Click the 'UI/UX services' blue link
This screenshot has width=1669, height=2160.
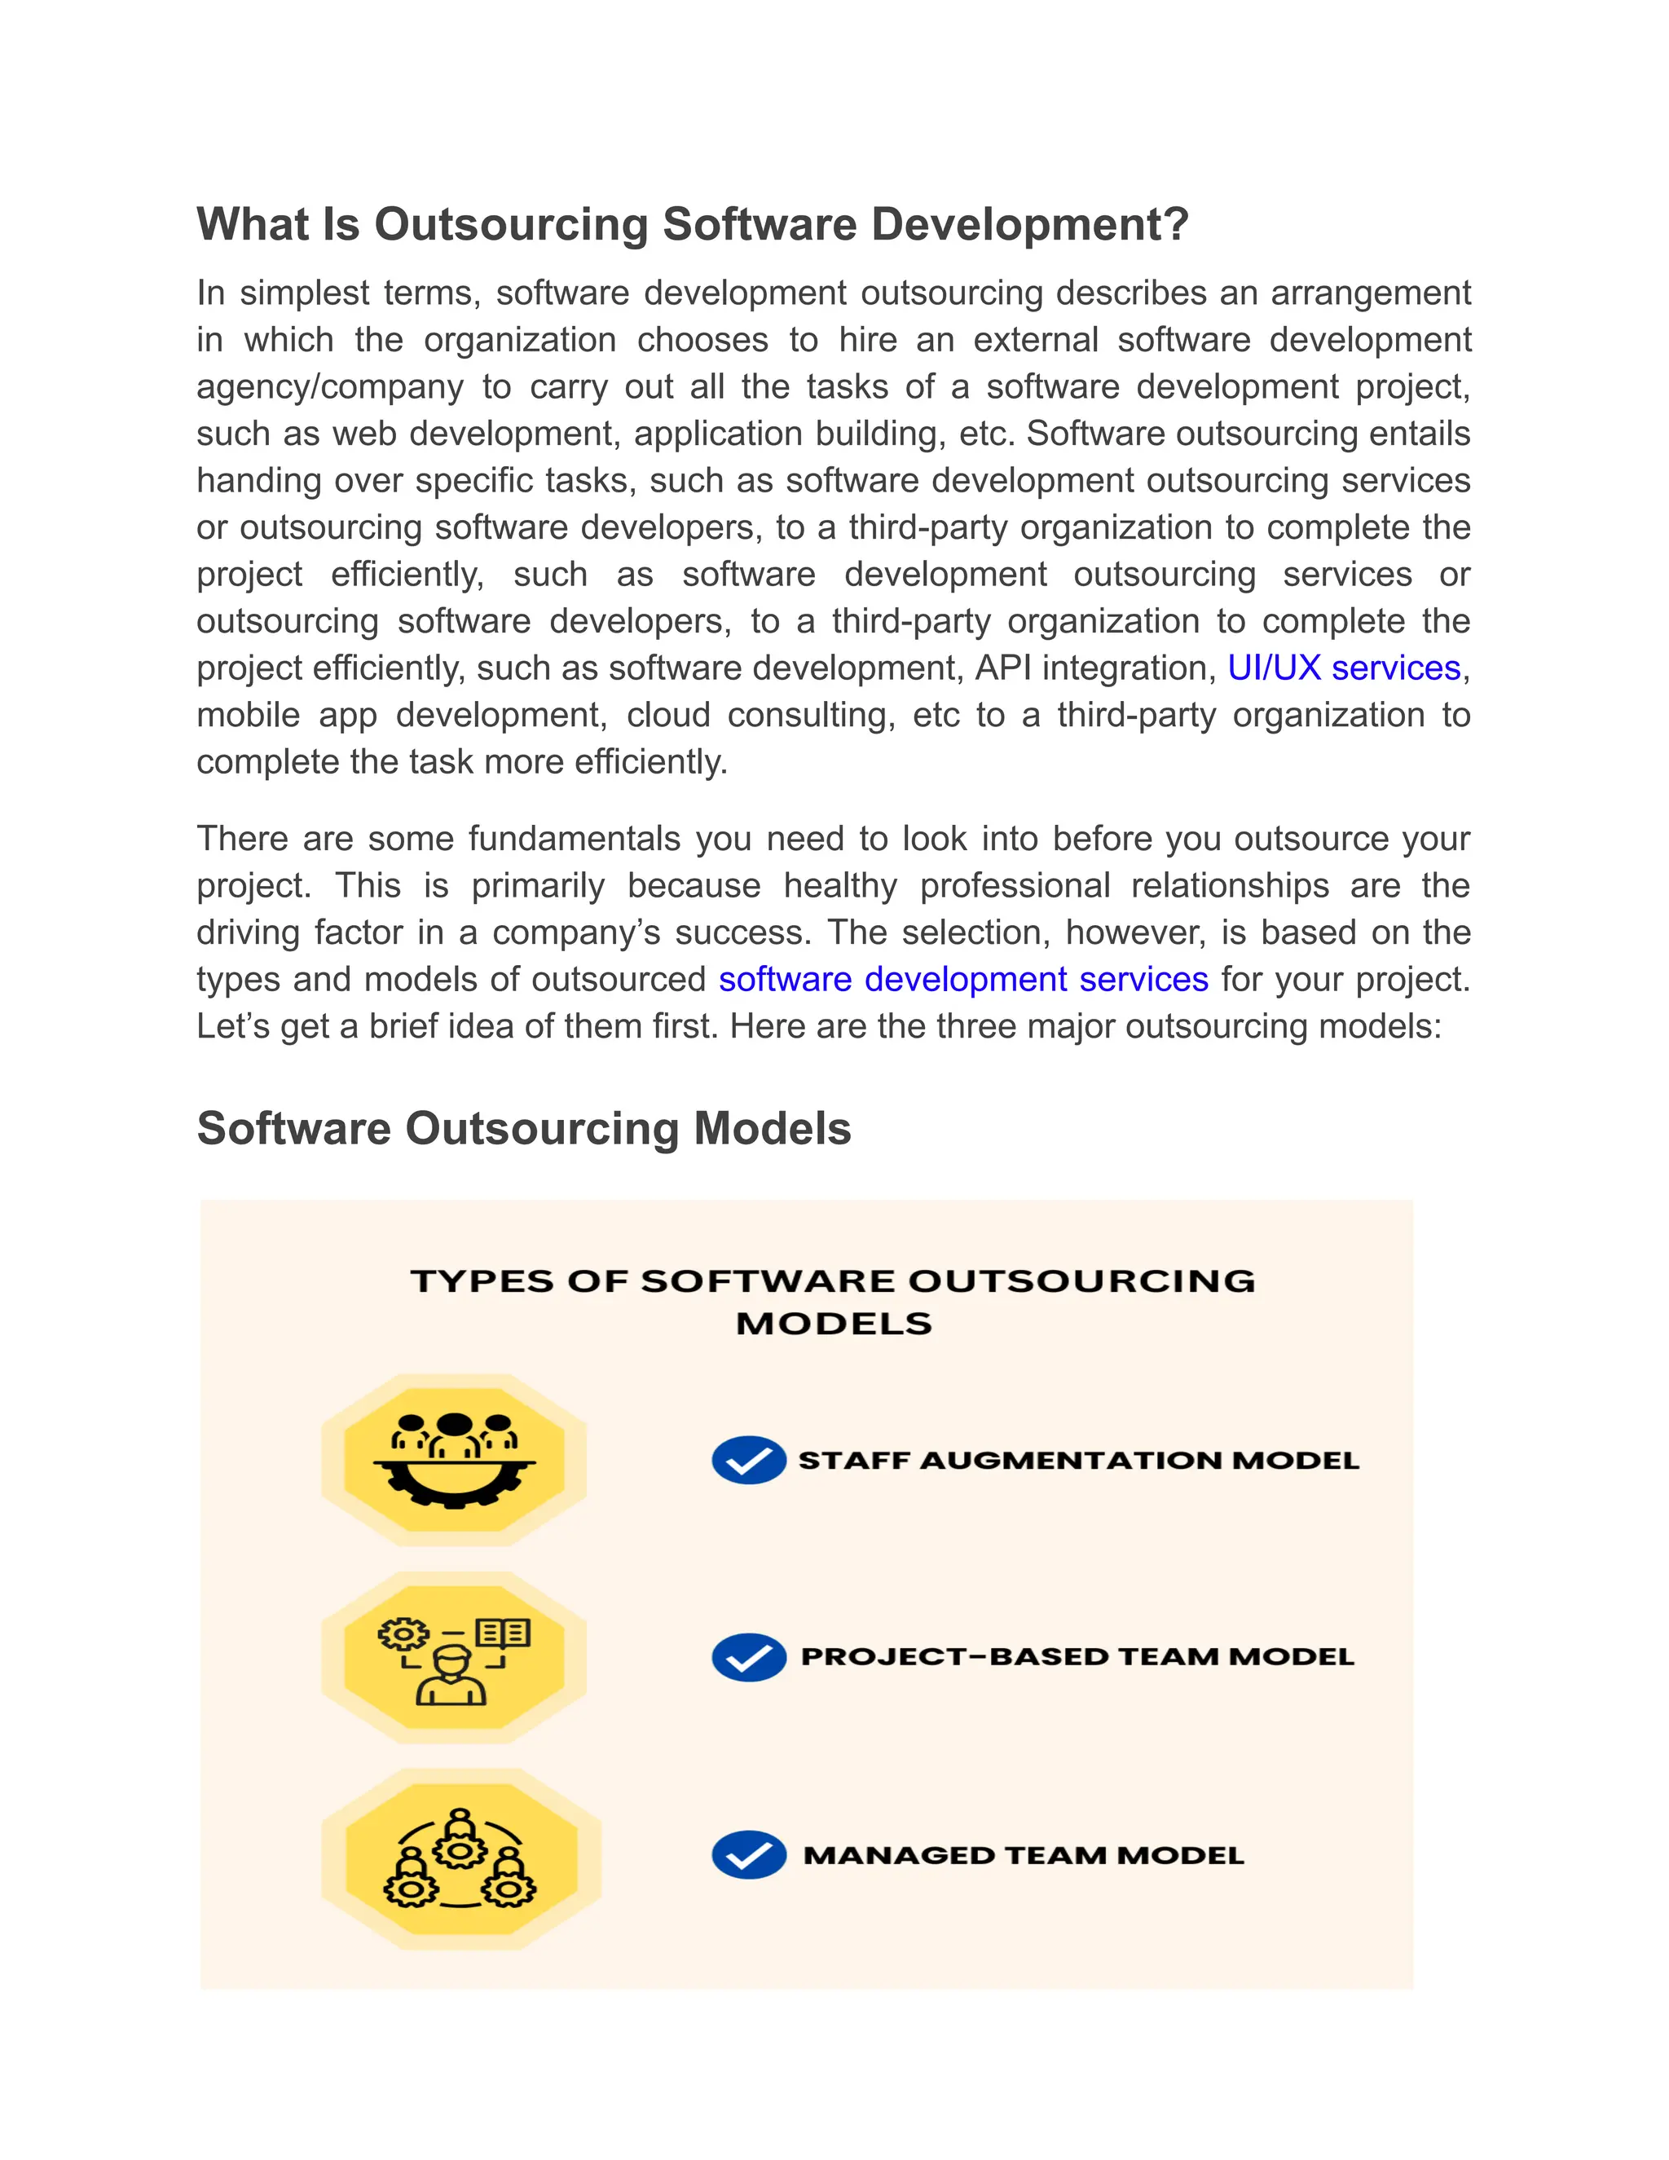[x=1344, y=668]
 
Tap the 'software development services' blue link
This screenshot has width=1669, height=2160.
[x=963, y=979]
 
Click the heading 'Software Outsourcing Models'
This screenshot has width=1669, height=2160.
[x=523, y=1128]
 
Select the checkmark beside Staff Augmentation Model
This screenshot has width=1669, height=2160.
[x=748, y=1460]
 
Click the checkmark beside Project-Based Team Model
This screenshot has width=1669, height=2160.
[x=748, y=1656]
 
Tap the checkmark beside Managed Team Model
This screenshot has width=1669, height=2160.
[x=748, y=1854]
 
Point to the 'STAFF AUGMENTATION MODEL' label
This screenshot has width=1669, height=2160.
[x=1077, y=1461]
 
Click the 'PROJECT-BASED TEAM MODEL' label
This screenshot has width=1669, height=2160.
[x=1077, y=1656]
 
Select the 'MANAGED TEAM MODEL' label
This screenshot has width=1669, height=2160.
[x=1024, y=1855]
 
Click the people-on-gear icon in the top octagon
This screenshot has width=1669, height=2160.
[x=454, y=1460]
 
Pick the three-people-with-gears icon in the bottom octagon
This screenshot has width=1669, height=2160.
[x=460, y=1858]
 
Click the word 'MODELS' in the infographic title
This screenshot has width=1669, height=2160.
[x=834, y=1323]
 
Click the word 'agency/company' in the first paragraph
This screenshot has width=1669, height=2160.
[x=329, y=386]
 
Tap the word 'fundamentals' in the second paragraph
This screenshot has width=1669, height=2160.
[x=574, y=839]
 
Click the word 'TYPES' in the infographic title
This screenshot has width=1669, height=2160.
[x=482, y=1281]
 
